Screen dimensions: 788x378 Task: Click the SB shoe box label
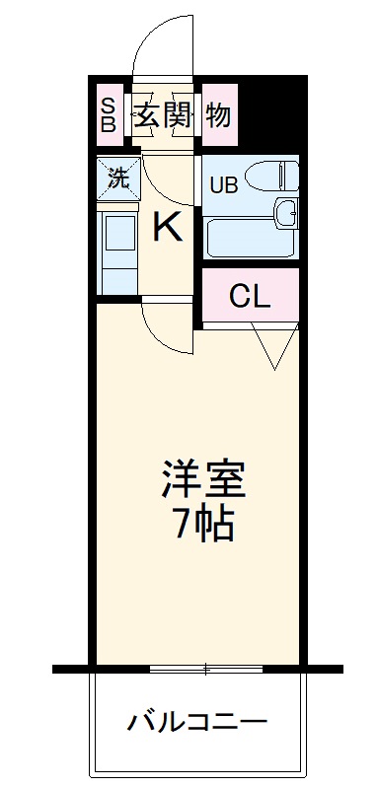(x=107, y=115)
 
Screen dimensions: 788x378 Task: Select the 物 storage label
(x=218, y=115)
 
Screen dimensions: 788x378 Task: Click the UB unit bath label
(x=222, y=185)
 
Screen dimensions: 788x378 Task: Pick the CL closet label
(x=250, y=296)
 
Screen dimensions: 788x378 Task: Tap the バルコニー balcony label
(x=197, y=724)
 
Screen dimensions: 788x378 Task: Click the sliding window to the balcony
(x=205, y=669)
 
